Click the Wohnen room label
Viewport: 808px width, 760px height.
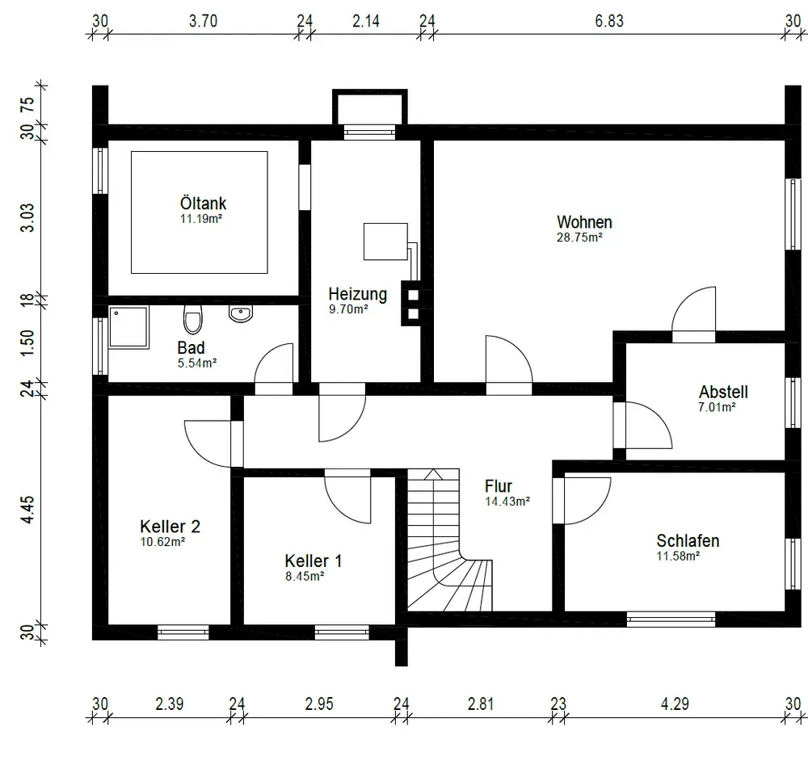pos(584,222)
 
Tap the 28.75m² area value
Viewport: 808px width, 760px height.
pos(579,237)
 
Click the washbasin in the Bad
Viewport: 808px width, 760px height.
pos(241,313)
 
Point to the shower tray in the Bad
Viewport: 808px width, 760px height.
pos(128,327)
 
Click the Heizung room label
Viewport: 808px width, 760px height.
pos(358,294)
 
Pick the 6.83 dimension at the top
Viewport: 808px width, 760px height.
pos(609,21)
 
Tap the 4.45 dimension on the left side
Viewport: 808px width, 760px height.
pos(27,509)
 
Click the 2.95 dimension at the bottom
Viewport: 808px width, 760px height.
pos(319,703)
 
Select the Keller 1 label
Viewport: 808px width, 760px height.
pos(314,561)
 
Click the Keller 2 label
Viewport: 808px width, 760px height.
pos(170,527)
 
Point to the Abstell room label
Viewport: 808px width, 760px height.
pos(723,392)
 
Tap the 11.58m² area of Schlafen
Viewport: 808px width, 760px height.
pos(678,556)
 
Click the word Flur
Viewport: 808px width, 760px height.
pos(499,486)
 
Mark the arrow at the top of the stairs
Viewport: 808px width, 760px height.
pos(433,475)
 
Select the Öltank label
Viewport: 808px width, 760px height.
pos(203,203)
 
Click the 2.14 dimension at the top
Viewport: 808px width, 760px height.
pos(366,21)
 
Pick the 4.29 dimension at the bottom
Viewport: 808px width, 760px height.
pos(675,703)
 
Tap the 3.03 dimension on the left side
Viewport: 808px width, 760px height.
pos(27,218)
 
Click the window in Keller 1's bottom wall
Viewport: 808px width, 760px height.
pos(342,632)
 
